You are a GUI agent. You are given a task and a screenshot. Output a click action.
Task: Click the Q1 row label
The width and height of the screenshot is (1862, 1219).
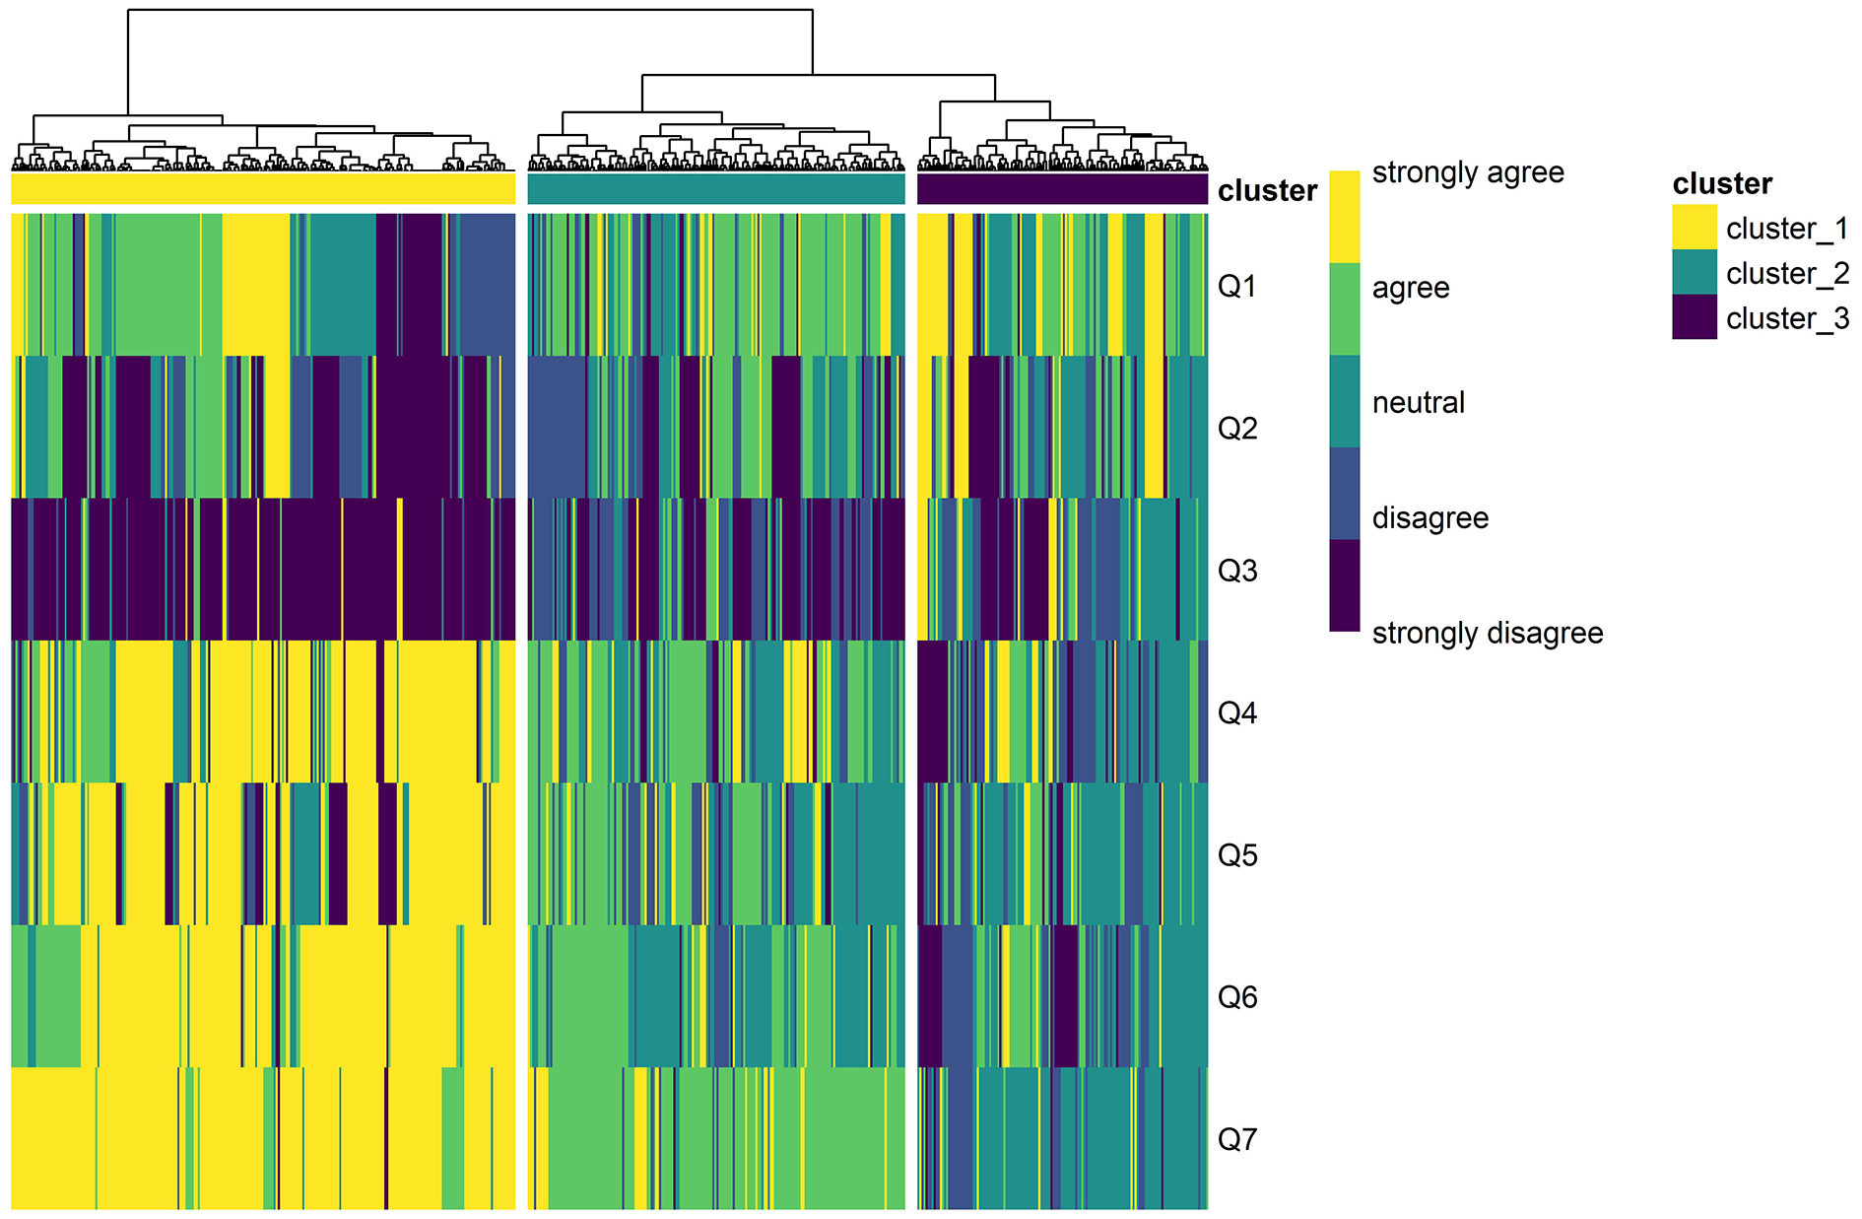(1236, 286)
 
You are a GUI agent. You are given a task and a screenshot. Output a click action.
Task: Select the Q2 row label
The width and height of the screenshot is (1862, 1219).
(1236, 428)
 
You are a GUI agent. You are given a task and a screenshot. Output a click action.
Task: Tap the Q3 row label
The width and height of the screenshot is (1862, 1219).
(1236, 571)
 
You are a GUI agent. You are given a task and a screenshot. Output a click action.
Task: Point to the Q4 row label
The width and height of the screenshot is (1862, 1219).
(1236, 712)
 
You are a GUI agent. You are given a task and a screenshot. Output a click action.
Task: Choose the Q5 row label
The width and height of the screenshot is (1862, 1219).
(1236, 854)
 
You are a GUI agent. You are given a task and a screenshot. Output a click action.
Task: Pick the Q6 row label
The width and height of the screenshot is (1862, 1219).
(1236, 996)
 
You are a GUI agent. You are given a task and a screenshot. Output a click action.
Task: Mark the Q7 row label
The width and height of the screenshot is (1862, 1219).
(1236, 1139)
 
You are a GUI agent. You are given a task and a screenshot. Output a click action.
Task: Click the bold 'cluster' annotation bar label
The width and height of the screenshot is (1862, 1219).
(1267, 190)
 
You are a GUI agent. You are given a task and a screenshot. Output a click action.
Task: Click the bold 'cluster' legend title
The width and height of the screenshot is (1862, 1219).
(1722, 183)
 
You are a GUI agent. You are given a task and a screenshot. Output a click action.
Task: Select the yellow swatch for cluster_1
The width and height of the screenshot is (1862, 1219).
(1694, 228)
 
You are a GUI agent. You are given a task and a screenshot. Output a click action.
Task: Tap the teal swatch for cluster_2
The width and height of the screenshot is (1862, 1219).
(1694, 273)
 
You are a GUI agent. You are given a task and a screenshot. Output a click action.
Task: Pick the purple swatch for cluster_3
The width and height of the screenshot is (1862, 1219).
(1694, 317)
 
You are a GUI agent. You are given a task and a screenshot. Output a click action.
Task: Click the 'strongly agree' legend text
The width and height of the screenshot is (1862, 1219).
(1468, 172)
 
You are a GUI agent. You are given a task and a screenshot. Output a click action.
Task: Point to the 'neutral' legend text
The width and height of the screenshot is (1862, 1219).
(1418, 402)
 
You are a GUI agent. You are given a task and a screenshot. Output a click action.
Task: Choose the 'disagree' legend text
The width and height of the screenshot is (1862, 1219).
(1430, 517)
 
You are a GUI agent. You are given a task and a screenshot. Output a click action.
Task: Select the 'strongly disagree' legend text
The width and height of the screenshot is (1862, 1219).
(1487, 633)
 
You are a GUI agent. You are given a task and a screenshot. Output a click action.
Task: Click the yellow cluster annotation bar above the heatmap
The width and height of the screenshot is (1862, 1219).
(263, 189)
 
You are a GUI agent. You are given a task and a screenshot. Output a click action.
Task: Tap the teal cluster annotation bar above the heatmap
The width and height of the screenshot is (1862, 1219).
(716, 189)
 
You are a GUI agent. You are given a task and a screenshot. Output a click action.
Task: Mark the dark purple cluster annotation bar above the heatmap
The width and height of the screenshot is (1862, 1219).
(1062, 189)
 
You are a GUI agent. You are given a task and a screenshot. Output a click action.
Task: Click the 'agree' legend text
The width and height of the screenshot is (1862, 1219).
(1410, 288)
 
